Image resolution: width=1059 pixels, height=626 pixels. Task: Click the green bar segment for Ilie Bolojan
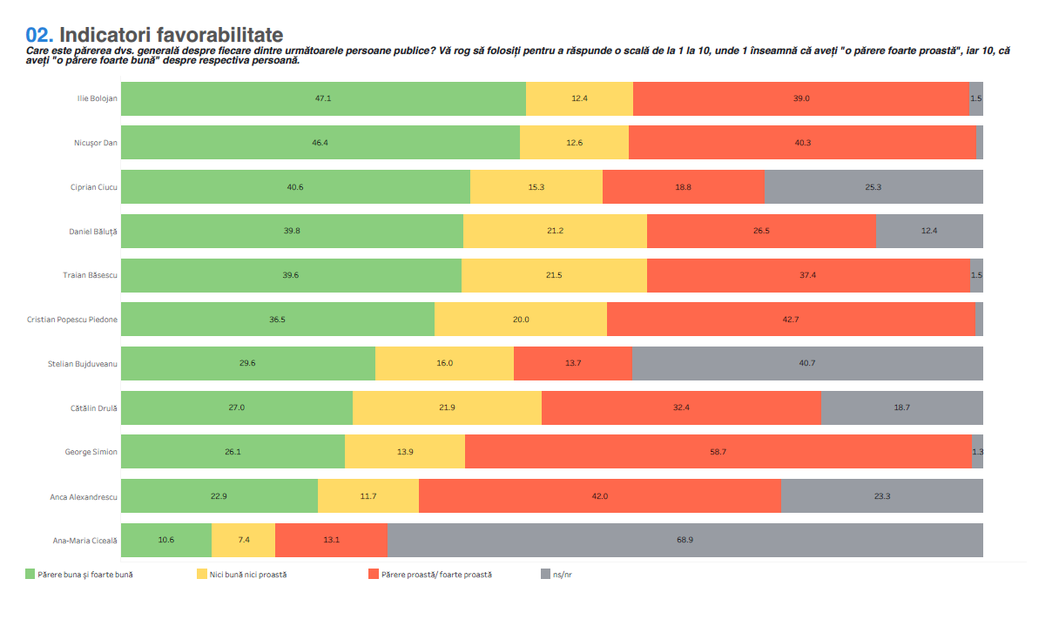(323, 98)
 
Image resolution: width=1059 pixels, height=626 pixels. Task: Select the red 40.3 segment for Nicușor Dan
(802, 143)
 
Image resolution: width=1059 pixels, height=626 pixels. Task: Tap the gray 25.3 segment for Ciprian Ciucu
(874, 187)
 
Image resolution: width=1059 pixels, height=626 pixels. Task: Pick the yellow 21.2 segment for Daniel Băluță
(555, 232)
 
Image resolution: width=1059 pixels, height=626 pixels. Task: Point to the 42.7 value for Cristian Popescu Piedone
(791, 320)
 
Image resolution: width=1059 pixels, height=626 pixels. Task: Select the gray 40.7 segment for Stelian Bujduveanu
(807, 364)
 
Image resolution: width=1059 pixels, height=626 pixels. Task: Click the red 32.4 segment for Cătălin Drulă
(681, 408)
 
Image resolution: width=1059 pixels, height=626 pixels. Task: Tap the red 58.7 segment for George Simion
(718, 452)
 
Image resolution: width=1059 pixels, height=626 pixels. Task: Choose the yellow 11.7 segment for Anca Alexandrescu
(368, 496)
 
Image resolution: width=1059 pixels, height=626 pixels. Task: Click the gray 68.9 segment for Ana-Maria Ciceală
(685, 541)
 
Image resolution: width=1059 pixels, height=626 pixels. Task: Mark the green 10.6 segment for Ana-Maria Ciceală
(166, 541)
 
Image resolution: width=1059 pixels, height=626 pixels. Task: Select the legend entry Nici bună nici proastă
(248, 575)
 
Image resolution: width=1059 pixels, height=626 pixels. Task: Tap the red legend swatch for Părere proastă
(374, 575)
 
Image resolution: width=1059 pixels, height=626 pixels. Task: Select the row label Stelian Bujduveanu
(83, 364)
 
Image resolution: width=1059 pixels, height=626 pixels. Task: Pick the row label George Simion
(91, 452)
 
